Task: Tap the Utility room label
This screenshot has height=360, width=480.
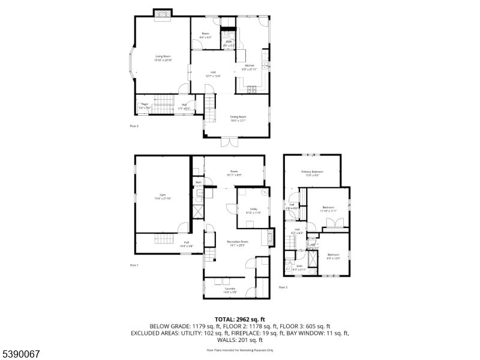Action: pos(254,210)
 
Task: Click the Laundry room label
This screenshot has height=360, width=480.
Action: pos(230,290)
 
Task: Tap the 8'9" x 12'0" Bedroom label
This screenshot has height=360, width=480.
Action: pos(334,256)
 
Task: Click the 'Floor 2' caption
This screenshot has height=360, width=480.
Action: pos(134,126)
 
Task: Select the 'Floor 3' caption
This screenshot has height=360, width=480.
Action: pos(283,287)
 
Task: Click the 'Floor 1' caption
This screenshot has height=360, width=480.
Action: pos(134,265)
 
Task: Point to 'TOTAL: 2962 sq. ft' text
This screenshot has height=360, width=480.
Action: pos(240,319)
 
